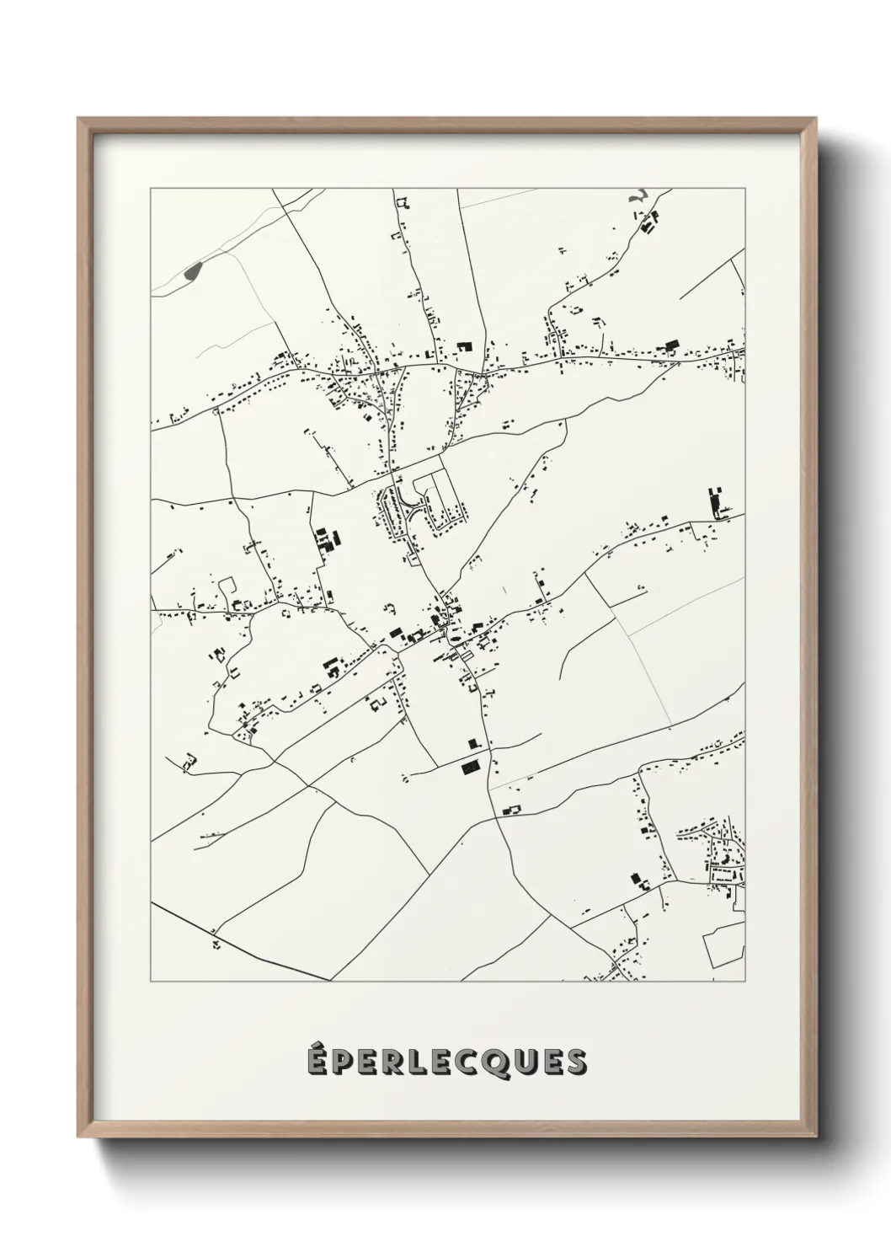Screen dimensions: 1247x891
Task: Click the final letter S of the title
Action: [576, 1062]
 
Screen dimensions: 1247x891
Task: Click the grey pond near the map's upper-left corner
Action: [193, 271]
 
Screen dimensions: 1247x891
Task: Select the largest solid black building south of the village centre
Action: [468, 768]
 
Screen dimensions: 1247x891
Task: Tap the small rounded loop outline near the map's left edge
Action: [227, 584]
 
